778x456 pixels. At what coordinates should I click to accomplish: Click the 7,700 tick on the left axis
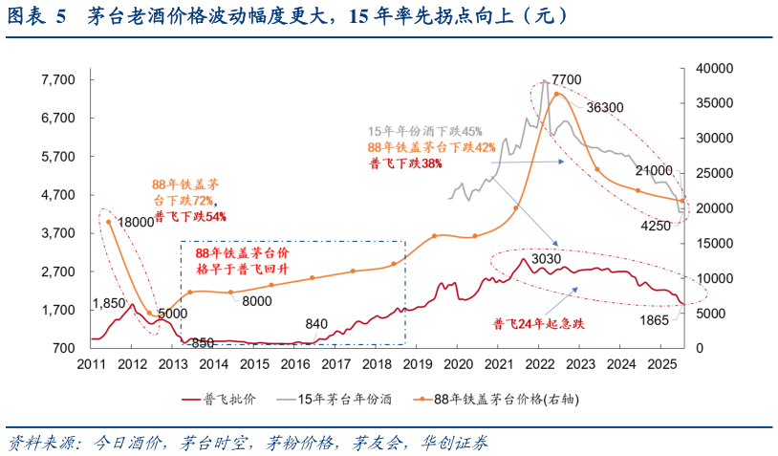click(x=58, y=80)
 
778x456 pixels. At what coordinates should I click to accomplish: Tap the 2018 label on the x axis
click(x=377, y=364)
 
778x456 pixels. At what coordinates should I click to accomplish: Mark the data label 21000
click(x=653, y=170)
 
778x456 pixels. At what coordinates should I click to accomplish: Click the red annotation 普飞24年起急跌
click(x=538, y=324)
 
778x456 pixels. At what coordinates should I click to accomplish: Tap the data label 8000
click(x=256, y=301)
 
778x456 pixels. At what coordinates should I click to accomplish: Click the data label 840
click(x=317, y=324)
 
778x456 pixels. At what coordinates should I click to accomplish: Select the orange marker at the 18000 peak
click(x=109, y=222)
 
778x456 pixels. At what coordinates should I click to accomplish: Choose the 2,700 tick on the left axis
click(x=58, y=271)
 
